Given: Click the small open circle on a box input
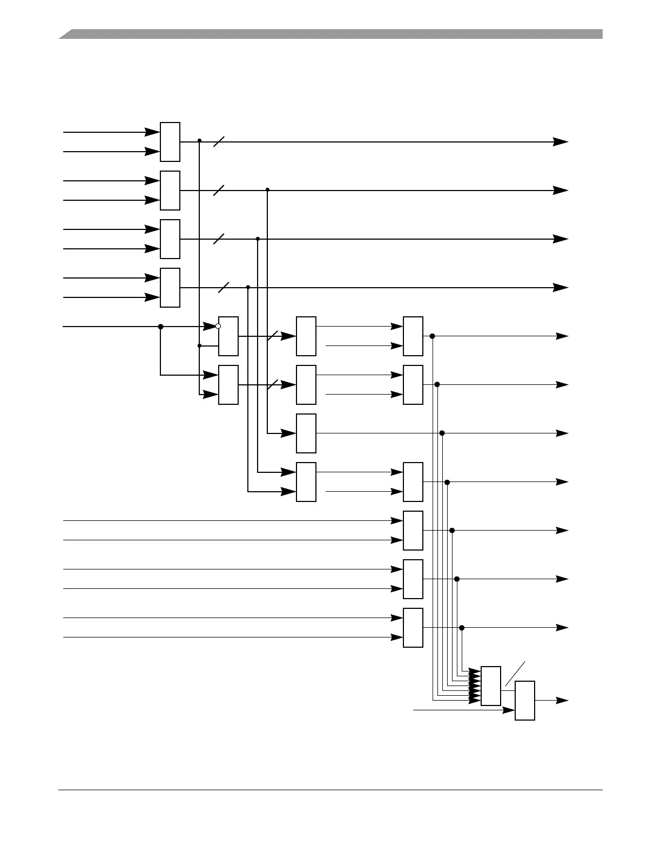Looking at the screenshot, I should (218, 326).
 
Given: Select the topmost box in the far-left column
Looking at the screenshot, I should (170, 142).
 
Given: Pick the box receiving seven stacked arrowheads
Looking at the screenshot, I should (490, 686).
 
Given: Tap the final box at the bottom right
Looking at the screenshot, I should (525, 701).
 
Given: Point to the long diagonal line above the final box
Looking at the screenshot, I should (515, 674).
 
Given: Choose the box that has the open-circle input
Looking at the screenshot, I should (228, 336).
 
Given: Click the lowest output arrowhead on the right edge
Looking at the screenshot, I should (562, 701).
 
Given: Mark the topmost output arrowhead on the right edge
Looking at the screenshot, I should (562, 142).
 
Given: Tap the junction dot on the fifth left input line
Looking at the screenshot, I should (160, 327).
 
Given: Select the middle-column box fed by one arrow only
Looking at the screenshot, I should (306, 433).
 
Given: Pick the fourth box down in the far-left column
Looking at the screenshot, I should (170, 288).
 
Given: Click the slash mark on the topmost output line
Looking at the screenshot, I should (219, 142).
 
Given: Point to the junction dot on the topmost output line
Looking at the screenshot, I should (199, 140).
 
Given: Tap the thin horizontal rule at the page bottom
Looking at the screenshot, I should (330, 791).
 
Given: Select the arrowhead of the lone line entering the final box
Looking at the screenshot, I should (509, 710).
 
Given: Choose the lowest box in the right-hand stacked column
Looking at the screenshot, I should (413, 628).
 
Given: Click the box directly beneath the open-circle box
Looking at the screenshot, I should (228, 385).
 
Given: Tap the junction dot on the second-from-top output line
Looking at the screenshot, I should (267, 189).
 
